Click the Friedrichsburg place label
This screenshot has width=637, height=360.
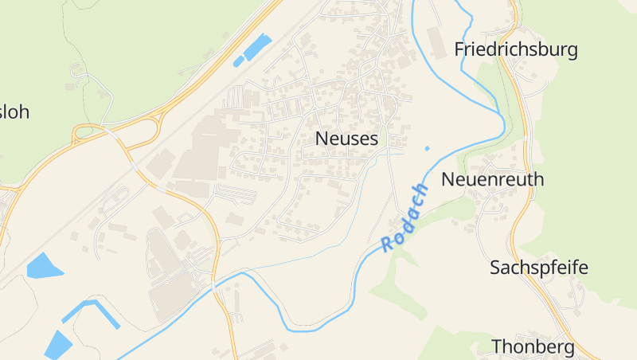(x=515, y=50)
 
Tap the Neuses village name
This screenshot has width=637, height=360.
(x=346, y=139)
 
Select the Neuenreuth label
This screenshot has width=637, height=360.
(x=492, y=179)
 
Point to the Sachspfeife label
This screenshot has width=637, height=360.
(x=538, y=268)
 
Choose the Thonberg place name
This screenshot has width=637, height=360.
(x=533, y=347)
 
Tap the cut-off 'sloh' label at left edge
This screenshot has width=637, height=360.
(x=14, y=112)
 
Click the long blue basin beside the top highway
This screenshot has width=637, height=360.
(x=257, y=47)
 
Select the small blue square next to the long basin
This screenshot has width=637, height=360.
(x=238, y=61)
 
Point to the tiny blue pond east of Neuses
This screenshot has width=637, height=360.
(x=427, y=148)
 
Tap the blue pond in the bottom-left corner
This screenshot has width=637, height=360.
(x=57, y=344)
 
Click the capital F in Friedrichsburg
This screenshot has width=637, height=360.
(x=459, y=50)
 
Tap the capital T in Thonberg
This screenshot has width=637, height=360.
(x=496, y=347)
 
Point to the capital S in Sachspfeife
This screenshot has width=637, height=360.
(x=495, y=268)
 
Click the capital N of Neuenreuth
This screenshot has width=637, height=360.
(x=447, y=179)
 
